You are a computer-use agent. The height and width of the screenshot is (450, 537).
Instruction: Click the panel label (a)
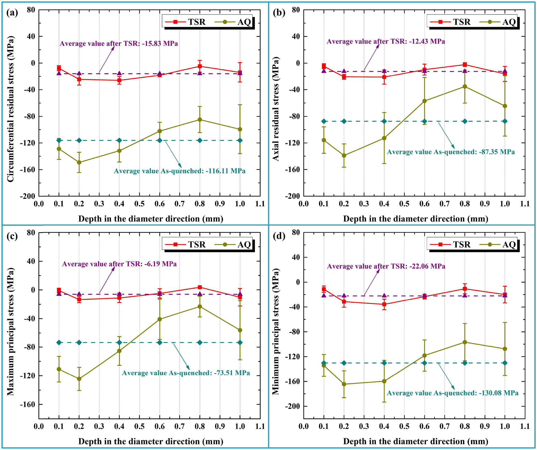[12, 13]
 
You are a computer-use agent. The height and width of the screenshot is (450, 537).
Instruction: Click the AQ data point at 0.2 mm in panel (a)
[79, 162]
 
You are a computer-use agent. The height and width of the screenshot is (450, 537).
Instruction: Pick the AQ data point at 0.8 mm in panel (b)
[465, 87]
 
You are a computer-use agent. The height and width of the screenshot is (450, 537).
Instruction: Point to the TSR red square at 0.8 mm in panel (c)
[200, 287]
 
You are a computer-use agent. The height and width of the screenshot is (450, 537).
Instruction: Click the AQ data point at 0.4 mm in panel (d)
[384, 381]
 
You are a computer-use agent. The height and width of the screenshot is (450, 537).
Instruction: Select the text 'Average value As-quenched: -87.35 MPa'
[451, 152]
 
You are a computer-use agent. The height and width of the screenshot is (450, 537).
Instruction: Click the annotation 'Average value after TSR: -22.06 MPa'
[386, 266]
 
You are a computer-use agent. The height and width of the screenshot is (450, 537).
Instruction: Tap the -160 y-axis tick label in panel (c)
[27, 404]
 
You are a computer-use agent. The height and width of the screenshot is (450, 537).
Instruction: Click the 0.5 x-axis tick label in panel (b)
[404, 204]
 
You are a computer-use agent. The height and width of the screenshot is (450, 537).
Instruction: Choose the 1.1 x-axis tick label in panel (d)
[525, 426]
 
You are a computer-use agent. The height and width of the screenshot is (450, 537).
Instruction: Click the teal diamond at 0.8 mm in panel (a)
[200, 140]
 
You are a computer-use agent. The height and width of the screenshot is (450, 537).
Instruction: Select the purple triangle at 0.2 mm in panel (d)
[344, 296]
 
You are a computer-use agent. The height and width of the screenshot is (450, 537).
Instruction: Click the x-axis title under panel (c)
[151, 441]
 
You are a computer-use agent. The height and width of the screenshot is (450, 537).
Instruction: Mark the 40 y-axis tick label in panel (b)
[296, 36]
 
